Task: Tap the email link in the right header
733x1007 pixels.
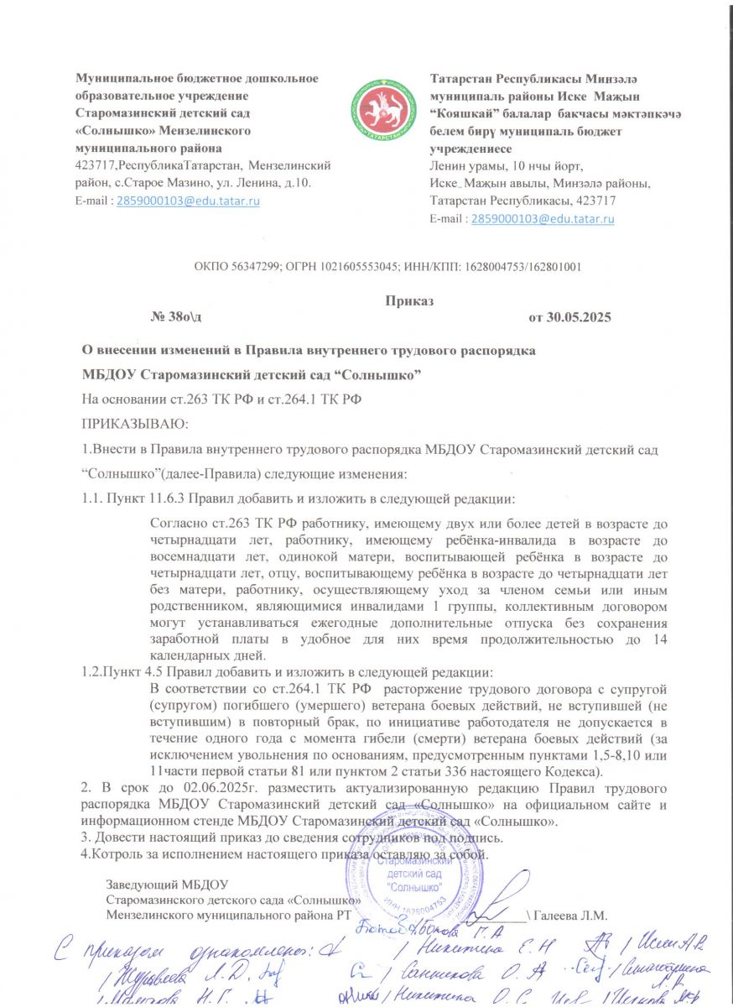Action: (543, 219)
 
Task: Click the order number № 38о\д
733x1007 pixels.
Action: (175, 317)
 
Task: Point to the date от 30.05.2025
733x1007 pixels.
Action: (569, 317)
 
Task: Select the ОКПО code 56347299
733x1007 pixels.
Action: (248, 267)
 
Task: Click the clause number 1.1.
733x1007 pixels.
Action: (91, 500)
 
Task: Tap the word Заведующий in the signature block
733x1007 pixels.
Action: (141, 883)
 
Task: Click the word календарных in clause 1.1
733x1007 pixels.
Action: (190, 655)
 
